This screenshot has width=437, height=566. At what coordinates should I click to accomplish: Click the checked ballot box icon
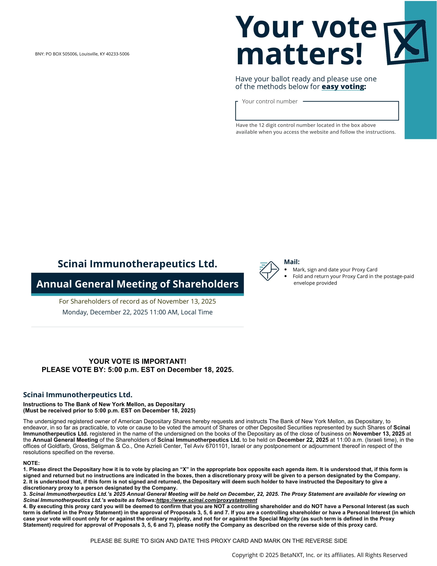(x=405, y=42)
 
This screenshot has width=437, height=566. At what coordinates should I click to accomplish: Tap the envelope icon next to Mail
(x=269, y=271)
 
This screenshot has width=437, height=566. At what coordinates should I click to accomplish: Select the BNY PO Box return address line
(x=82, y=54)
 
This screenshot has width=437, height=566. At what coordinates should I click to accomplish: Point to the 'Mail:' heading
(x=292, y=262)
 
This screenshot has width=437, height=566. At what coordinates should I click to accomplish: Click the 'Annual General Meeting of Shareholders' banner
(x=137, y=284)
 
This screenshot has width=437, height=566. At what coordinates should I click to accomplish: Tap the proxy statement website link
(x=207, y=500)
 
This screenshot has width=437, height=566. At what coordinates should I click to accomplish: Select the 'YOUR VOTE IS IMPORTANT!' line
(x=137, y=361)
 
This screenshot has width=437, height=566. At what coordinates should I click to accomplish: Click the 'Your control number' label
(x=269, y=101)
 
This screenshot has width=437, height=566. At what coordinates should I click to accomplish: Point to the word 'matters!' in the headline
(x=299, y=55)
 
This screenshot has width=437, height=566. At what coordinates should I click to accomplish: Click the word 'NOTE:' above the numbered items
(x=31, y=463)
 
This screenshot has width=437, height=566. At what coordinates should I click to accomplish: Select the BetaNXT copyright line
(x=319, y=555)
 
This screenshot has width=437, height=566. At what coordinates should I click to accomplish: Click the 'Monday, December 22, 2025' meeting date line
(x=137, y=312)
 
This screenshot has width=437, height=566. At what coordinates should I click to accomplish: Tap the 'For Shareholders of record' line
(x=137, y=301)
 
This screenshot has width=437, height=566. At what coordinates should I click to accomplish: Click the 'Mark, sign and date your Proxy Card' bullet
(x=335, y=270)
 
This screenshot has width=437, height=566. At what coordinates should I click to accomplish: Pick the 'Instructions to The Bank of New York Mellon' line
(x=104, y=404)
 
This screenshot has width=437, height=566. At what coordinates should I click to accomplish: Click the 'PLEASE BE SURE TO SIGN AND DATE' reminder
(x=219, y=541)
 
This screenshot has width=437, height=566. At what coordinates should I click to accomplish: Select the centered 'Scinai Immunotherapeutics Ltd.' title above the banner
(x=137, y=264)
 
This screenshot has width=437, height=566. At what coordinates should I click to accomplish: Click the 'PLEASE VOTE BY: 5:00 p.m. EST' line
(x=137, y=369)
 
